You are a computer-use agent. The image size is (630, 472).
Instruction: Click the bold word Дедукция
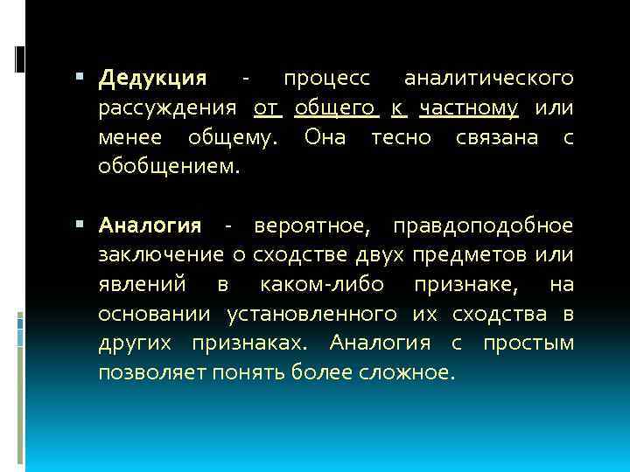[x=153, y=80]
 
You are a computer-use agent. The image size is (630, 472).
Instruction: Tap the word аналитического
[x=489, y=80]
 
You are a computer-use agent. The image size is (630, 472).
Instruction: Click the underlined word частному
[x=469, y=108]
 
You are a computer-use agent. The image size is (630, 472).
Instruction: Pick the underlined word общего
[x=336, y=108]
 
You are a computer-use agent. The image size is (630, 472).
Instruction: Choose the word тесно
[x=401, y=137]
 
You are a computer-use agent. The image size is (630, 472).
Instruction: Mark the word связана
[x=497, y=137]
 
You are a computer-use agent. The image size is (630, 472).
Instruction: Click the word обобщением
[x=168, y=166]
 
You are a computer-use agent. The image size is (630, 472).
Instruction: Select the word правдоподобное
[x=483, y=226]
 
